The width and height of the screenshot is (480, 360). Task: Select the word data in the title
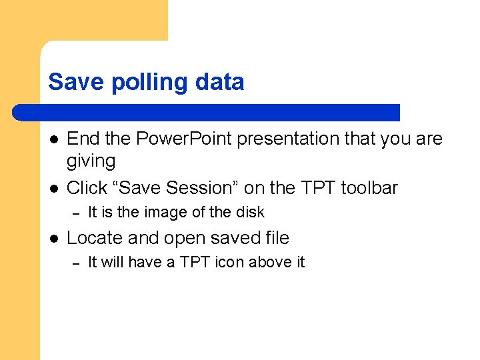[221, 82]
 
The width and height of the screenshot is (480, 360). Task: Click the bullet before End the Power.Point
[53, 139]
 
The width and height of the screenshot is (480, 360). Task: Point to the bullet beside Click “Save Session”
[53, 188]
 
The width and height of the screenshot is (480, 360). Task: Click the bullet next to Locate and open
[53, 238]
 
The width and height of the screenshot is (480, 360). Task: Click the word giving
[91, 161]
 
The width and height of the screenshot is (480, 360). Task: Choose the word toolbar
[369, 188]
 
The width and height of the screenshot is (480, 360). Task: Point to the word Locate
[91, 238]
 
